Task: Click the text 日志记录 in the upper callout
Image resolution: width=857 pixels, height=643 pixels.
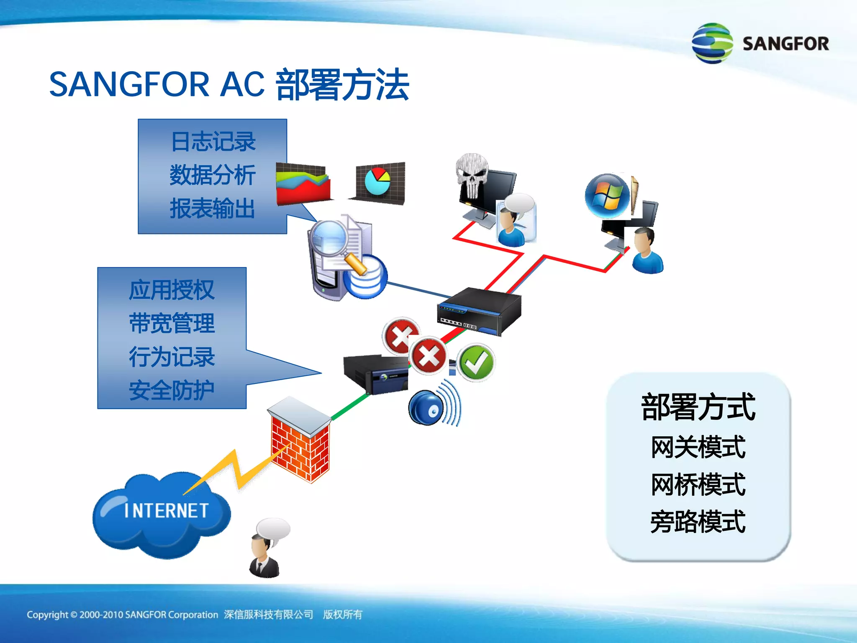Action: tap(213, 141)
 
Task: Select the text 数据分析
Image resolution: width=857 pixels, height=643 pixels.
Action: tap(213, 175)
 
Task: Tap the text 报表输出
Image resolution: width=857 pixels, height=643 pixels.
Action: tap(213, 208)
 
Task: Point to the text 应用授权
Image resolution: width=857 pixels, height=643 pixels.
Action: tap(172, 290)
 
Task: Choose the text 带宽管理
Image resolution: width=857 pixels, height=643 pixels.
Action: tap(172, 324)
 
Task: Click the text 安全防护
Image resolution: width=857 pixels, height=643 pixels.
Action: tap(172, 391)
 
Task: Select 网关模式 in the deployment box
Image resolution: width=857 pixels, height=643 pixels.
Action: tap(698, 447)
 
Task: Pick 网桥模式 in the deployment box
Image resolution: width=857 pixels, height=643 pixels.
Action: tap(698, 484)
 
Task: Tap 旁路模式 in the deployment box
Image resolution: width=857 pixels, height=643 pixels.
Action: tap(698, 522)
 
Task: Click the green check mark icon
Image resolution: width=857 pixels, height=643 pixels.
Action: tap(476, 363)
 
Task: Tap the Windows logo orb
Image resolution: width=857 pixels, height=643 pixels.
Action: tap(607, 196)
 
